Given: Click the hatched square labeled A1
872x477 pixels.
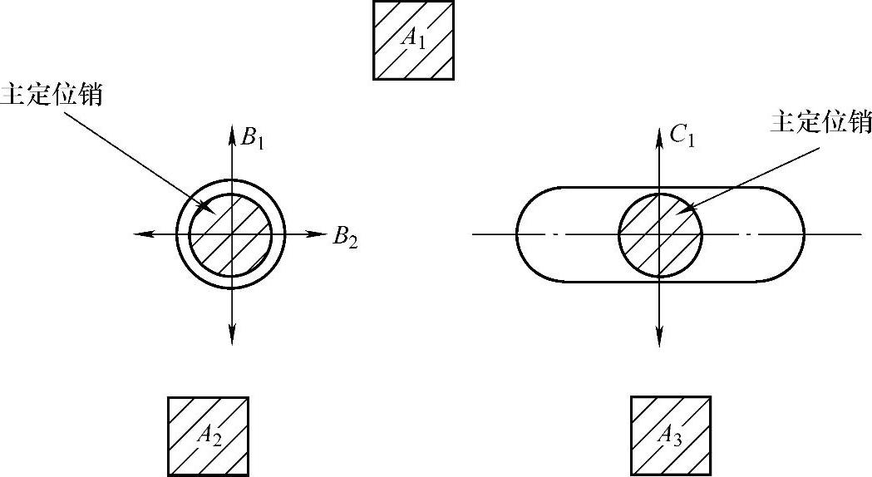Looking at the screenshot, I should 414,40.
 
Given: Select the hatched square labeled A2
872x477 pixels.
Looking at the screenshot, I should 208,436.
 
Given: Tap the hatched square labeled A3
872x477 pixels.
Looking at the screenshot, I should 671,436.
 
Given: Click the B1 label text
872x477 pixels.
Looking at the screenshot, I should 253,138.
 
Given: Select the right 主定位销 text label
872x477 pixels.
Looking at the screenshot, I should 820,122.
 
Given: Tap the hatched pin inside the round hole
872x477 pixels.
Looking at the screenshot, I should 230,235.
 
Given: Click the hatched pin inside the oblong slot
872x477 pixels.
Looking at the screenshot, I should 660,235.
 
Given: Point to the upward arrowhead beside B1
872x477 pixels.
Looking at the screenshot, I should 231,131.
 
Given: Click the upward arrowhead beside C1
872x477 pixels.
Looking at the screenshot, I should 659,131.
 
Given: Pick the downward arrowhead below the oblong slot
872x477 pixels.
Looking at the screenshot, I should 659,337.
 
